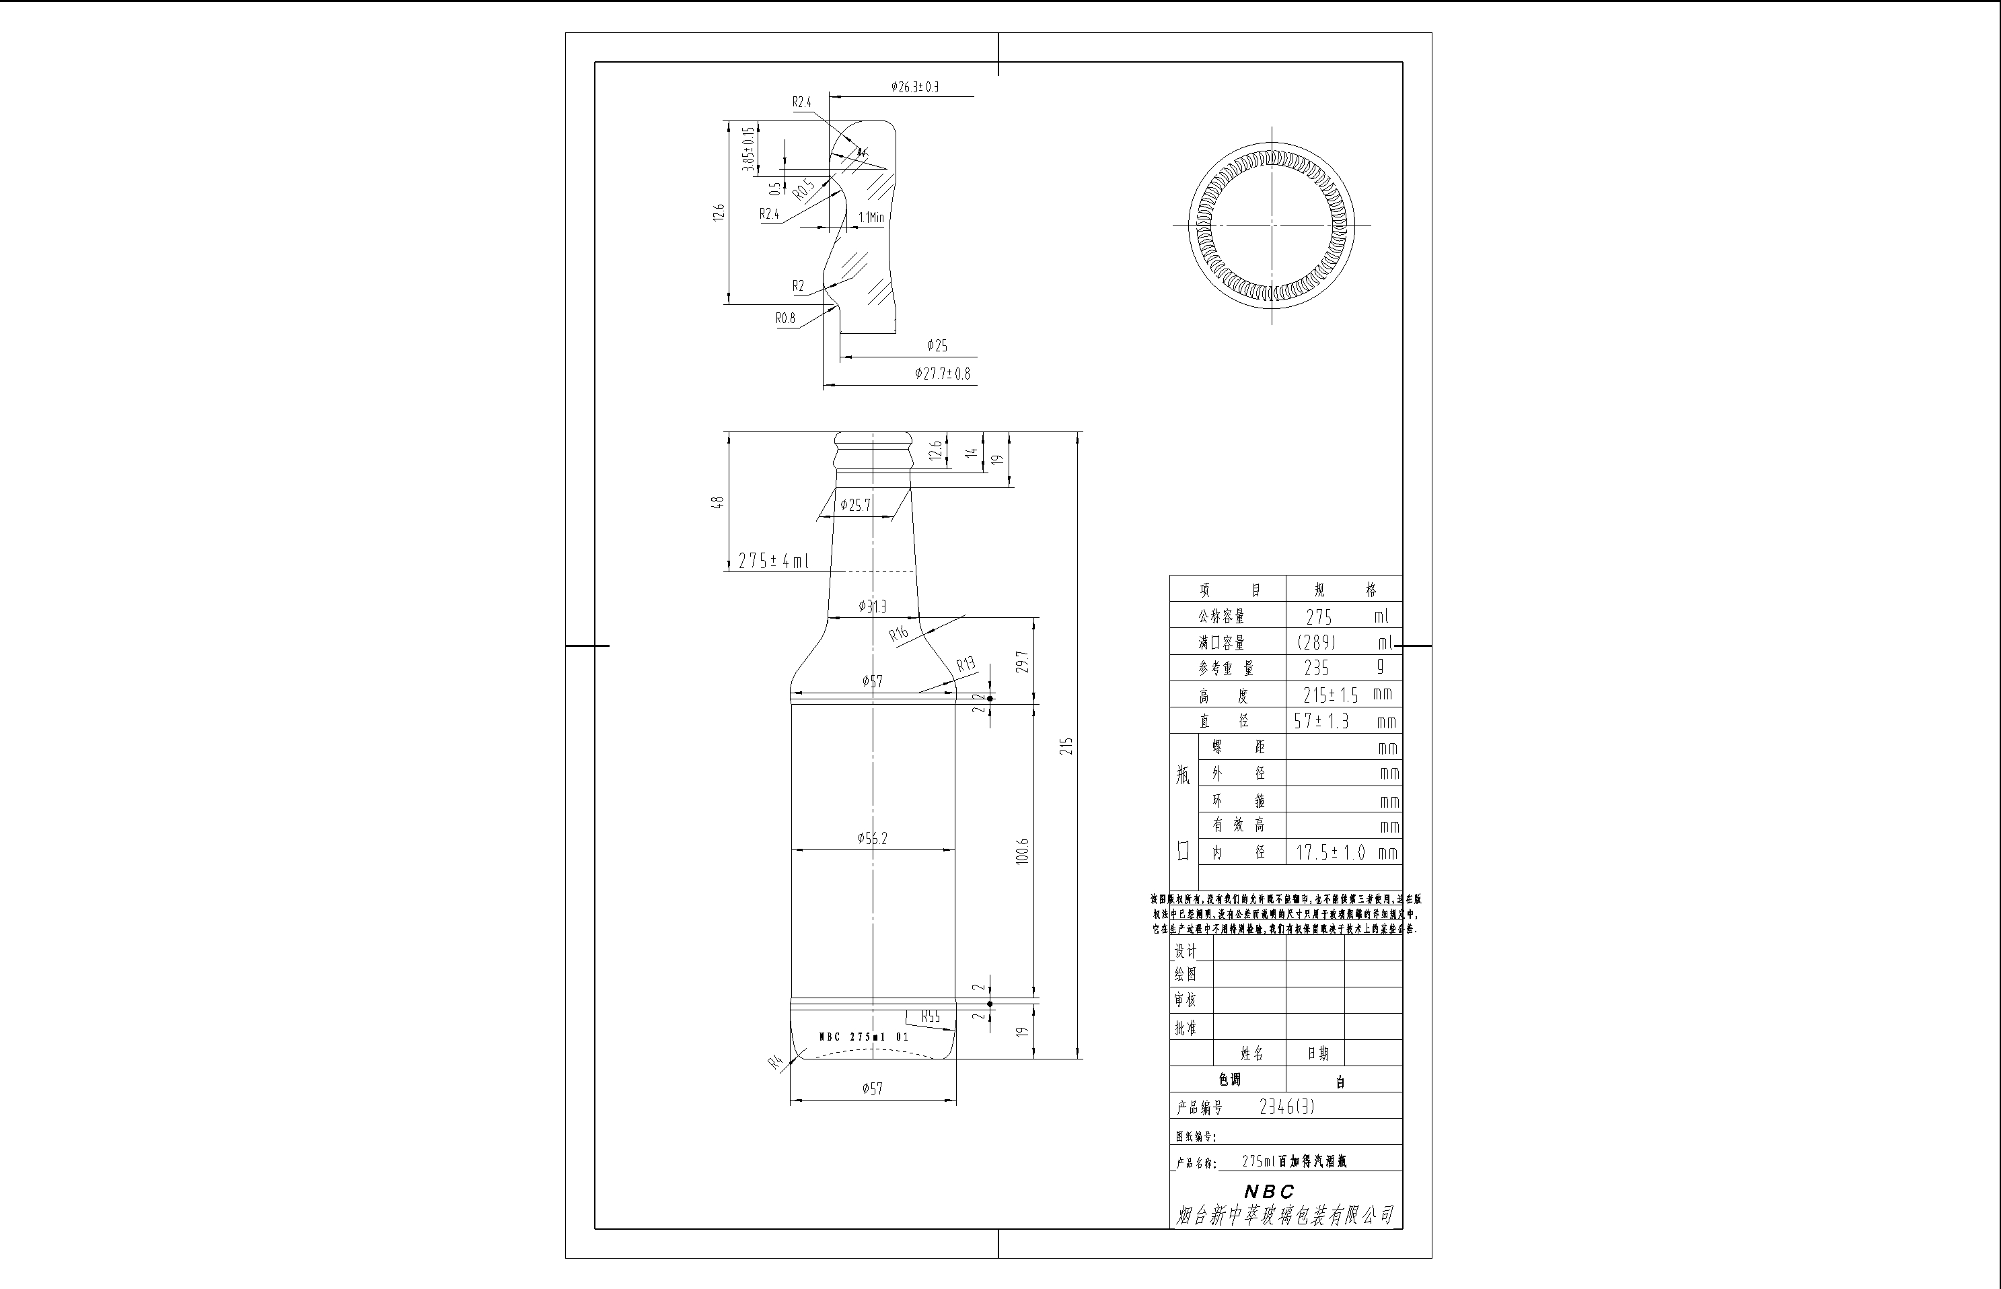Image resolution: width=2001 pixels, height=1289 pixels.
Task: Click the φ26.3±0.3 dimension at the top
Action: [x=914, y=87]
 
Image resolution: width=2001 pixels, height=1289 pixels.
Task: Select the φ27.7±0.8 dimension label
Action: [x=942, y=374]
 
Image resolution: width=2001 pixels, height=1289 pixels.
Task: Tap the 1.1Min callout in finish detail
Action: [x=871, y=217]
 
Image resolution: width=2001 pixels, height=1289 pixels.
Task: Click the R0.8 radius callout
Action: [x=785, y=318]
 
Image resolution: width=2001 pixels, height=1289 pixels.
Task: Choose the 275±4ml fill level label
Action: [x=773, y=561]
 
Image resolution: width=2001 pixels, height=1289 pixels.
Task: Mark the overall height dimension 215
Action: [x=1066, y=746]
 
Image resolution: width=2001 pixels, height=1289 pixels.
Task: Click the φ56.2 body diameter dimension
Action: [x=872, y=839]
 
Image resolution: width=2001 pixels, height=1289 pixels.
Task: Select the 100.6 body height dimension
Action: [x=1022, y=851]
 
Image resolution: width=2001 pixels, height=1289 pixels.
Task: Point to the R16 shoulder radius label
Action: [x=898, y=633]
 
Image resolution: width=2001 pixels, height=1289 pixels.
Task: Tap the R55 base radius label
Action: [x=931, y=1017]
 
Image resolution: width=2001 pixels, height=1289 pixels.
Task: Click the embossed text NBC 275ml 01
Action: [x=863, y=1037]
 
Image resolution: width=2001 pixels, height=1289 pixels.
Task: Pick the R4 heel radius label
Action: [x=776, y=1062]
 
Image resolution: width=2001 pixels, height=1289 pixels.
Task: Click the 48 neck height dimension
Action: [x=718, y=502]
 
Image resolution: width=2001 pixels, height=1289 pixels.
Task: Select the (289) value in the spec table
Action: [x=1316, y=643]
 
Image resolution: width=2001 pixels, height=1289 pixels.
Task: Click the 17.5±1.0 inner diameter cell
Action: [x=1330, y=853]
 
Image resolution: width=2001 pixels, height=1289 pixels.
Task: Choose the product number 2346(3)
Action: [x=1286, y=1107]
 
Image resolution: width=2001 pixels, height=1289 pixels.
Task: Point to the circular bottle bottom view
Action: [x=1272, y=225]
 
